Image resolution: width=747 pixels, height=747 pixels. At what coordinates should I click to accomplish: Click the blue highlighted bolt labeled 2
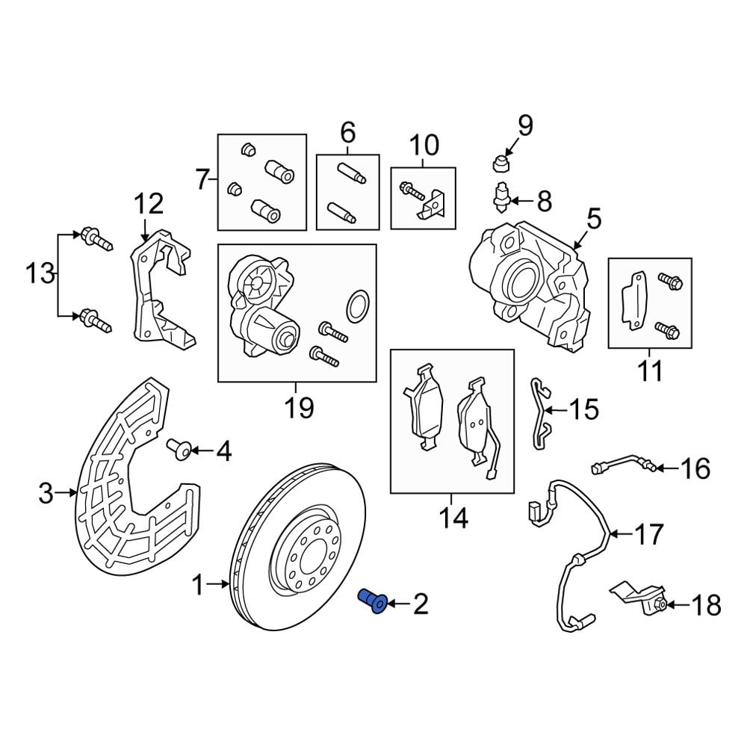click(373, 600)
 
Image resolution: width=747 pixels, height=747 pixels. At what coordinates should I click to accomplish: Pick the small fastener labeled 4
click(178, 449)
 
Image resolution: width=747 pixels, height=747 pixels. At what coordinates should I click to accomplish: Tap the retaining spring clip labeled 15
click(541, 415)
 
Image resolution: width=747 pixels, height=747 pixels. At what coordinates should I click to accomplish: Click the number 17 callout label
click(648, 534)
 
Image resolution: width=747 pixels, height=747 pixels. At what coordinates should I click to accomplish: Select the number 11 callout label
click(650, 370)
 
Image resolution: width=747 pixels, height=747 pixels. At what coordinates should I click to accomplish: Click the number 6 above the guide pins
click(348, 134)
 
